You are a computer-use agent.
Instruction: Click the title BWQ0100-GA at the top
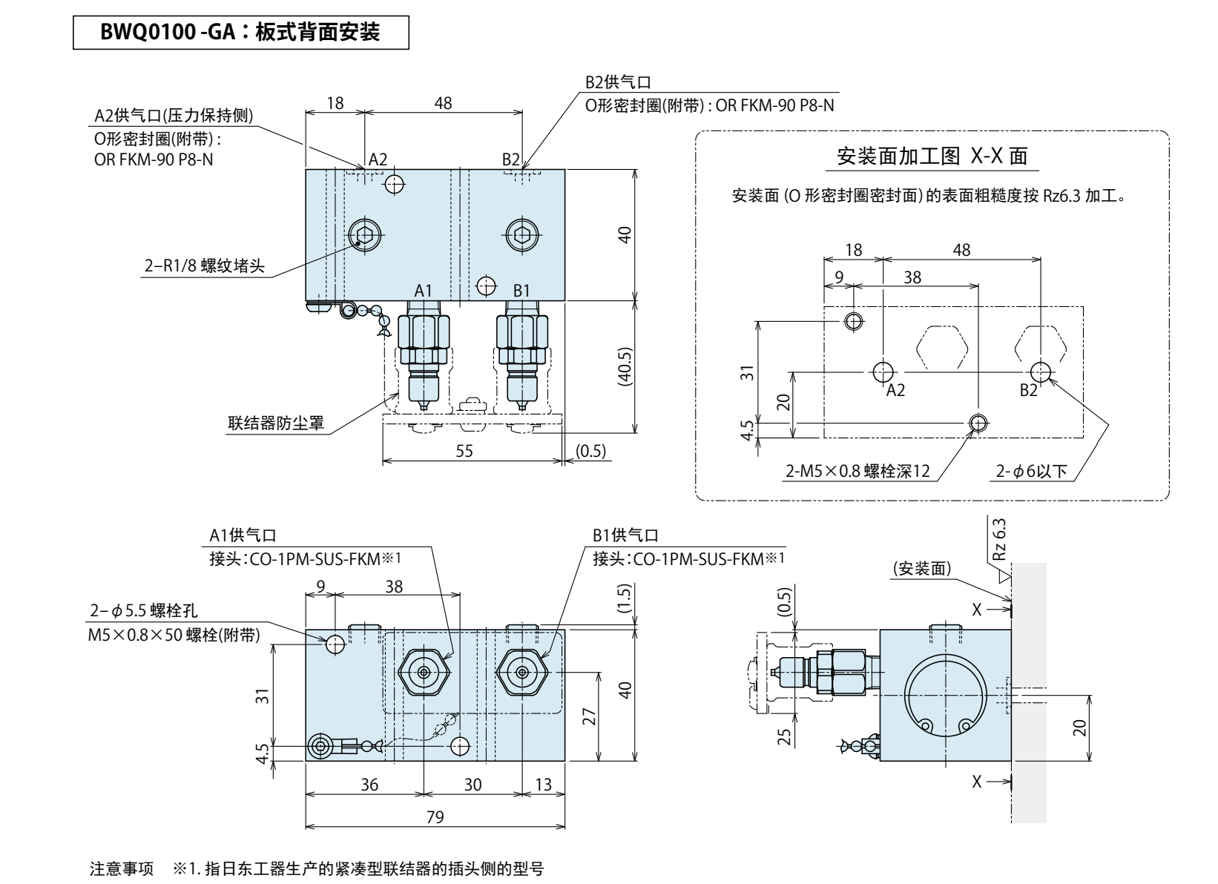[x=241, y=33]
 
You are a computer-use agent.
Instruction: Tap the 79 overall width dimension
[x=435, y=817]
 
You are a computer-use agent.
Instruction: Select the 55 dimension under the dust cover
[x=464, y=451]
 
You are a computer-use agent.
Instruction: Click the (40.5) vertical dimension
[x=625, y=366]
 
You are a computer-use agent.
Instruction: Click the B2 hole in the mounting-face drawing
[x=1041, y=371]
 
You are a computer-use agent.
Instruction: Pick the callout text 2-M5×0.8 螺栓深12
[x=857, y=472]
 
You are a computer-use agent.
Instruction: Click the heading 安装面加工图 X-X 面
[x=932, y=157]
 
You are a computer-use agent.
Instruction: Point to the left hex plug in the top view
[x=364, y=237]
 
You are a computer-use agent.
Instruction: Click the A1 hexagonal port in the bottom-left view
[x=424, y=672]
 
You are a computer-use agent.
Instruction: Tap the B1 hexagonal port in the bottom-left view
[x=523, y=672]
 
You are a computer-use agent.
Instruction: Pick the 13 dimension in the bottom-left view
[x=544, y=784]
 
